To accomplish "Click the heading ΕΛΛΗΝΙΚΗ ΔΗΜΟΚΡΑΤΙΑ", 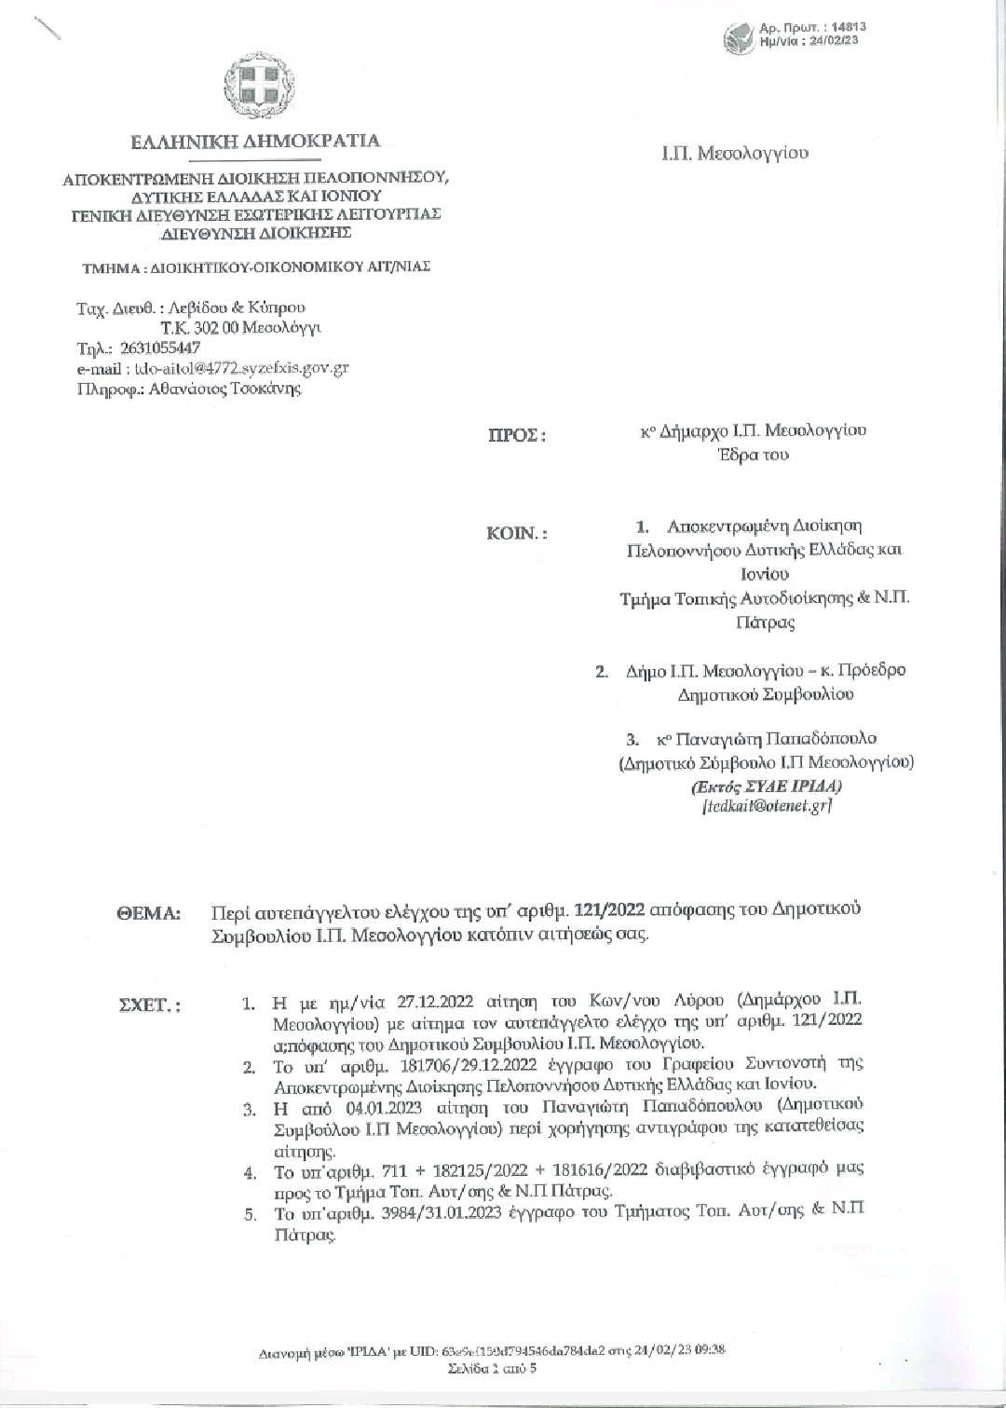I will point(255,142).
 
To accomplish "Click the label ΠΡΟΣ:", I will point(517,435).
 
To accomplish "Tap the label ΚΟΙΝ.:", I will point(517,534).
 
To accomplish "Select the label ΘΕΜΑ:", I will point(148,913).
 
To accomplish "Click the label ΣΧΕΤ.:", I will point(149,1005).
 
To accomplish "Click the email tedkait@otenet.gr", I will point(766,807).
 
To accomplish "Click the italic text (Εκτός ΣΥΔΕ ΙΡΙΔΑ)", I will point(766,786).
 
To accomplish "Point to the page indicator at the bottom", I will point(491,1369).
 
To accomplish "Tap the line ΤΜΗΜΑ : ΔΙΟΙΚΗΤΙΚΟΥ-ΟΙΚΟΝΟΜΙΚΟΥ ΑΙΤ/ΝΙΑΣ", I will point(256,267).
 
